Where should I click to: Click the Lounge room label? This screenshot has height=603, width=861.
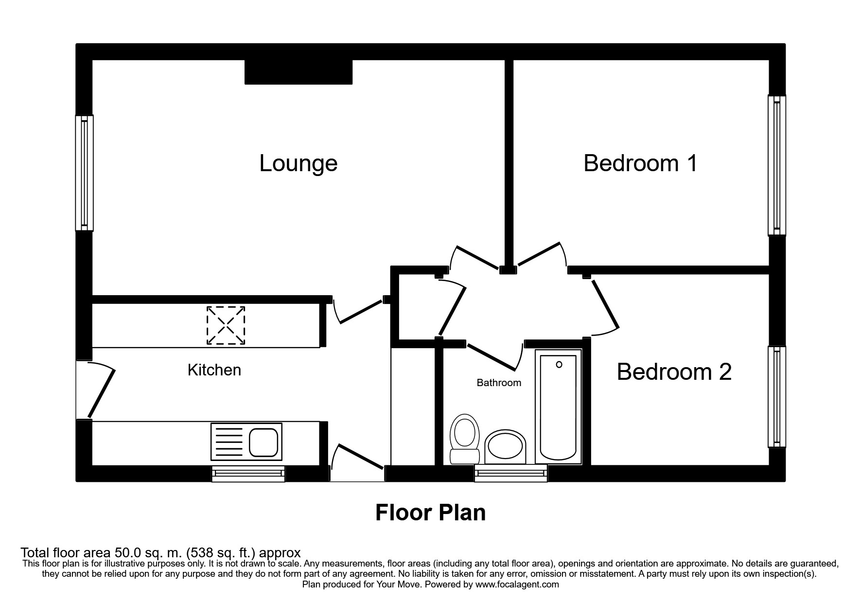coord(298,163)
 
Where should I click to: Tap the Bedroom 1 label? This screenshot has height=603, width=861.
coord(640,163)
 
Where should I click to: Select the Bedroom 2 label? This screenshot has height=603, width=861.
coord(674,372)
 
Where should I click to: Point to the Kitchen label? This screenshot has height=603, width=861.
coord(214,370)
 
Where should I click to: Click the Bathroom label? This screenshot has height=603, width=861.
coord(499,383)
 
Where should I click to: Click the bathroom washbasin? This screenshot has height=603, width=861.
coord(506,446)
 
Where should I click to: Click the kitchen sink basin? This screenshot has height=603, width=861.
coord(264,442)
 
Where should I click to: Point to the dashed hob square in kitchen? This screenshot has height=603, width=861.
coord(226,325)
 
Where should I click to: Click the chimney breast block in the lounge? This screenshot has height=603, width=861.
coord(298,72)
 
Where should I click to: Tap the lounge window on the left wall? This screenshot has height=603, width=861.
coord(84,173)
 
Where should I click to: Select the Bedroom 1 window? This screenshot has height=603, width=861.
coord(776,165)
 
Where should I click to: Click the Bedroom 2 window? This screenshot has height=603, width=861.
coord(776,396)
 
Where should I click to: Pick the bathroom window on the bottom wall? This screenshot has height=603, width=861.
coord(510,473)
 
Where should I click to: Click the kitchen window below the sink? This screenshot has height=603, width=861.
coord(248,474)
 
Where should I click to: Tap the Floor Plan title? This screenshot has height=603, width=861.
coord(430,513)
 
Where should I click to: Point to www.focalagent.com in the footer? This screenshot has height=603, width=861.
coord(517,585)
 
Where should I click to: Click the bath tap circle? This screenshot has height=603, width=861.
coord(559,364)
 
